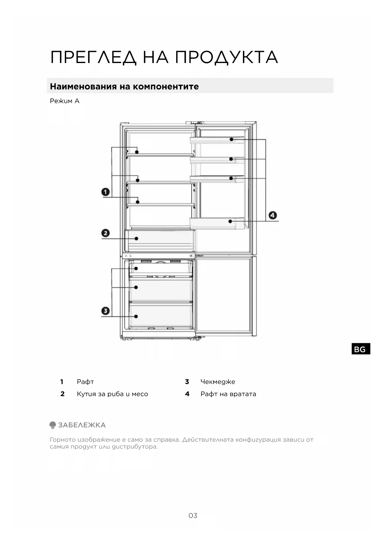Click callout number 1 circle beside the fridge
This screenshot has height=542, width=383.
coord(106,192)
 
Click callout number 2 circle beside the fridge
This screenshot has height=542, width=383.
coord(106,233)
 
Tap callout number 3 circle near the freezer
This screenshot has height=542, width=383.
coord(106,311)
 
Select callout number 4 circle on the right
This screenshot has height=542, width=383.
coord(273,215)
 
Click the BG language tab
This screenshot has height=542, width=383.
coord(360,349)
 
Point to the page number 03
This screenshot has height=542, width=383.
coord(193,515)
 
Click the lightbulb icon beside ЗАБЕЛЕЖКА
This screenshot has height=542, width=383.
coord(53,425)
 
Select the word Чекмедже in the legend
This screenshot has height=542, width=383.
coord(218,382)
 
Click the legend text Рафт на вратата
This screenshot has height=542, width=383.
coord(228,394)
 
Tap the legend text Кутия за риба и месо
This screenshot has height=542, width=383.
coord(112,394)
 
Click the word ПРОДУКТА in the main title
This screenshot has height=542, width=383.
coord(227,57)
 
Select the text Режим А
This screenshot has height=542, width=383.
coord(65,101)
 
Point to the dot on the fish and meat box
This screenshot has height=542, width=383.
coord(136,239)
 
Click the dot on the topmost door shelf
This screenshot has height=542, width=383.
coord(231,139)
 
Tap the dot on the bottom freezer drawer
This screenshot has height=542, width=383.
coord(136,316)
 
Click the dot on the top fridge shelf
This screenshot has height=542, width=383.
coord(137,152)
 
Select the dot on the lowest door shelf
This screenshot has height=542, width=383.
coord(230,221)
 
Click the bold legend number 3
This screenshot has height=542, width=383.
coord(187,382)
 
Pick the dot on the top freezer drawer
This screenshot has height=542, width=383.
coord(136,269)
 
